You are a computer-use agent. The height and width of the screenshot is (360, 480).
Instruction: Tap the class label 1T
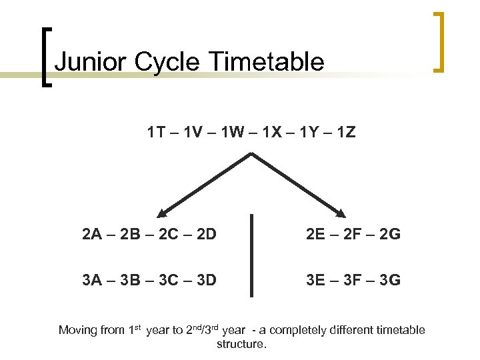click(x=156, y=133)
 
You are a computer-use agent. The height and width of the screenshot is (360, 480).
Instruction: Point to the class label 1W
click(x=232, y=133)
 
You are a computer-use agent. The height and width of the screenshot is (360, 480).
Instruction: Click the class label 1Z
click(x=346, y=133)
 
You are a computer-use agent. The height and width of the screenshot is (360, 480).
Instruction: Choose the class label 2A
click(x=93, y=234)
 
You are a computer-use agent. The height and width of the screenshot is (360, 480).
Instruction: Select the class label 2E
click(x=316, y=234)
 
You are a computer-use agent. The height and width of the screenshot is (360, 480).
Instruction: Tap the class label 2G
click(x=390, y=234)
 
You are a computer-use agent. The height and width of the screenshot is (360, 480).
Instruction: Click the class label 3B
click(x=130, y=279)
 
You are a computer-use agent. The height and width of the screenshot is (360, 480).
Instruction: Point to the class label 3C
click(x=167, y=279)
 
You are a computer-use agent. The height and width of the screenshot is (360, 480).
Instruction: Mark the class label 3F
click(x=353, y=279)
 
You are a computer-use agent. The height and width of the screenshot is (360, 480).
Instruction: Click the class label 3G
click(x=390, y=279)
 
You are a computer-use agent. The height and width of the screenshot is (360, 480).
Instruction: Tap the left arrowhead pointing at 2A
click(x=162, y=214)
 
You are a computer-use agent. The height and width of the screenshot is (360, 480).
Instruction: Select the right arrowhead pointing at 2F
click(x=341, y=214)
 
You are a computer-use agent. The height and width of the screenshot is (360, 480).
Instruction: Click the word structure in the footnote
click(x=241, y=345)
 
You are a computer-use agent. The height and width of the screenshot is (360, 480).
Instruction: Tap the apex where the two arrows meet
click(x=251, y=154)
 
